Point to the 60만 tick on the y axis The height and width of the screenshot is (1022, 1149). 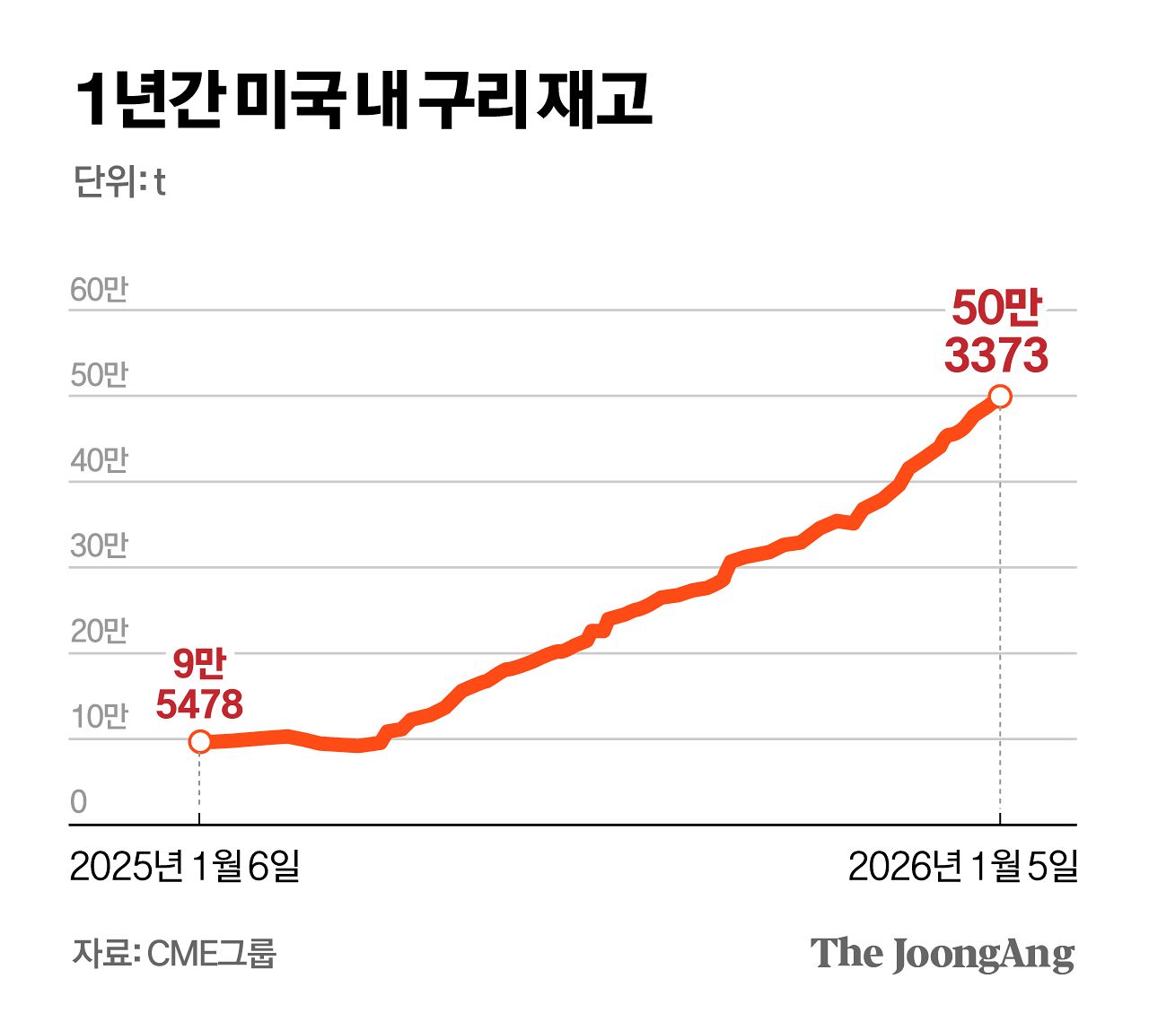point(99,290)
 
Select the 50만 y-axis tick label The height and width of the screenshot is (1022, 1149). point(99,375)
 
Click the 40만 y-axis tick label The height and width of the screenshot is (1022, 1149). point(99,460)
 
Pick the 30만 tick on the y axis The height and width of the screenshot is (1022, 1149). point(99,546)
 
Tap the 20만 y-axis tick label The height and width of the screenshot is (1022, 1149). point(99,631)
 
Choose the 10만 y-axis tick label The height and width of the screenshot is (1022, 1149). point(99,717)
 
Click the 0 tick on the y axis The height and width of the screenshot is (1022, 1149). point(79,801)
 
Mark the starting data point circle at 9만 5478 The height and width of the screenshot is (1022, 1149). point(199,742)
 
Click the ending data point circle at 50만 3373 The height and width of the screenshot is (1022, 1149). point(1000,397)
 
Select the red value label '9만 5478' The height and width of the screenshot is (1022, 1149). point(199,685)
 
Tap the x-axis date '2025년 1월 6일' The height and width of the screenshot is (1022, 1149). point(185,866)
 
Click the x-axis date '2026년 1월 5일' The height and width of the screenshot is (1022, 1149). point(962,866)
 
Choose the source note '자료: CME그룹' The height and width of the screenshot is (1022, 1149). point(174,953)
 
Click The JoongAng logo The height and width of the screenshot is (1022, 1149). point(942,954)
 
